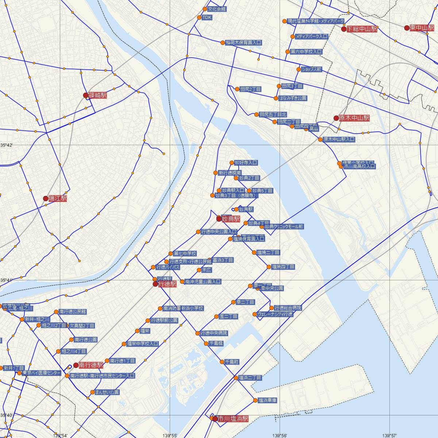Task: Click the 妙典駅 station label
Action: [x=231, y=219]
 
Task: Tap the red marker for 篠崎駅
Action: [x=86, y=96]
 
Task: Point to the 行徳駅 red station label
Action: [x=168, y=284]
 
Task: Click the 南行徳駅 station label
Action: [x=91, y=365]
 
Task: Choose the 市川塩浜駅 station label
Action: [x=233, y=419]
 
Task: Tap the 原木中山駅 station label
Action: [x=354, y=118]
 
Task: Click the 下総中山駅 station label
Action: [x=362, y=29]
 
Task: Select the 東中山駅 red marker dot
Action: [x=407, y=28]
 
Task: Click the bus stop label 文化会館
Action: [x=217, y=9]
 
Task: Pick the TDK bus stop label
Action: [x=207, y=18]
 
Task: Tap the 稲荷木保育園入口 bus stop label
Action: [x=244, y=43]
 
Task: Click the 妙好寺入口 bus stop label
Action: [x=246, y=163]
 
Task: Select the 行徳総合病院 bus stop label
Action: [x=288, y=308]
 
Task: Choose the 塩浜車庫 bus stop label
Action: [x=268, y=400]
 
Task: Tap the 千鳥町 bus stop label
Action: [x=232, y=362]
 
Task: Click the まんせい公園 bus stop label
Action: [x=107, y=392]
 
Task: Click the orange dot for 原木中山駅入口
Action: [x=320, y=139]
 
